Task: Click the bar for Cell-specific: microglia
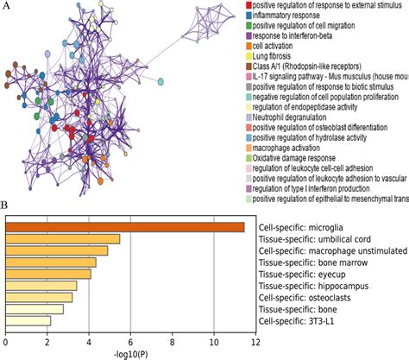tap(124, 227)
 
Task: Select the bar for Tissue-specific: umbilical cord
tap(62, 239)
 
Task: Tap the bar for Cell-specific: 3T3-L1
tap(28, 320)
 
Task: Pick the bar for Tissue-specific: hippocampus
tap(41, 286)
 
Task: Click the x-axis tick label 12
tap(255, 343)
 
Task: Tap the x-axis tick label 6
tap(129, 343)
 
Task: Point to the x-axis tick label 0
tap(5, 343)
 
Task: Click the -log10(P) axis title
tap(129, 354)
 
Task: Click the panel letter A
tap(7, 7)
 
